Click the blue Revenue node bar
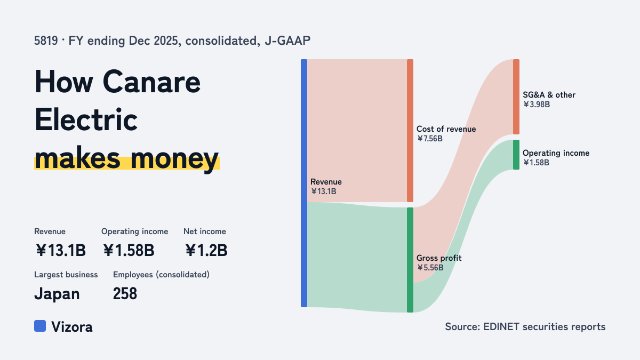(x=304, y=183)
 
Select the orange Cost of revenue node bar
(x=410, y=131)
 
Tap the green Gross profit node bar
(x=410, y=260)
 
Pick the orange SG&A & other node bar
(x=516, y=97)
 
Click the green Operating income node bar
(x=516, y=155)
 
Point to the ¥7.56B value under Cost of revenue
(x=430, y=139)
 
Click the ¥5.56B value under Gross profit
(x=430, y=268)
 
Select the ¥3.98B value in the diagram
(x=537, y=105)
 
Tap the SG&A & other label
(x=549, y=95)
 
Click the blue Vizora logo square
(x=40, y=326)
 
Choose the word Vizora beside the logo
(x=72, y=327)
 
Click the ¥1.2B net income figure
(x=206, y=250)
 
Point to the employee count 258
(x=125, y=293)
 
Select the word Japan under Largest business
(x=57, y=294)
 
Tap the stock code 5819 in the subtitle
(x=46, y=41)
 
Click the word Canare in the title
(x=151, y=82)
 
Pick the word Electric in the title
(x=86, y=119)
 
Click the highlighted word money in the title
(x=175, y=159)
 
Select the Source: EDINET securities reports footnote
(x=525, y=326)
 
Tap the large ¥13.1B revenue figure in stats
(x=61, y=250)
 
